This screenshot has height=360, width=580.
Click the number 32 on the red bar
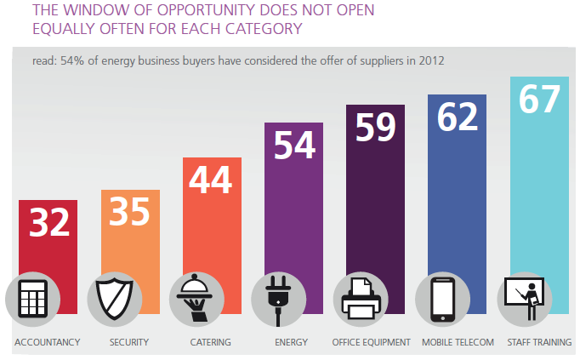48,223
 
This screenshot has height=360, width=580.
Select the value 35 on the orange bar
130,212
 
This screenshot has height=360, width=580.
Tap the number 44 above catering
212,180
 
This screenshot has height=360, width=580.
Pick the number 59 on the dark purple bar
376,127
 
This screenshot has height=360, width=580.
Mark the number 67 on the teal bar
539,99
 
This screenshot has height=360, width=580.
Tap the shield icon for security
115,300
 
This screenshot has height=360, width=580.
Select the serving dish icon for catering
196,300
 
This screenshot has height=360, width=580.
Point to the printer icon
361,300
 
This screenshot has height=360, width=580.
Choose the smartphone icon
442,300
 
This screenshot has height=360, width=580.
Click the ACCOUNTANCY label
47,343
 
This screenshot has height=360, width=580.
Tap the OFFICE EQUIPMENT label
371,343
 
